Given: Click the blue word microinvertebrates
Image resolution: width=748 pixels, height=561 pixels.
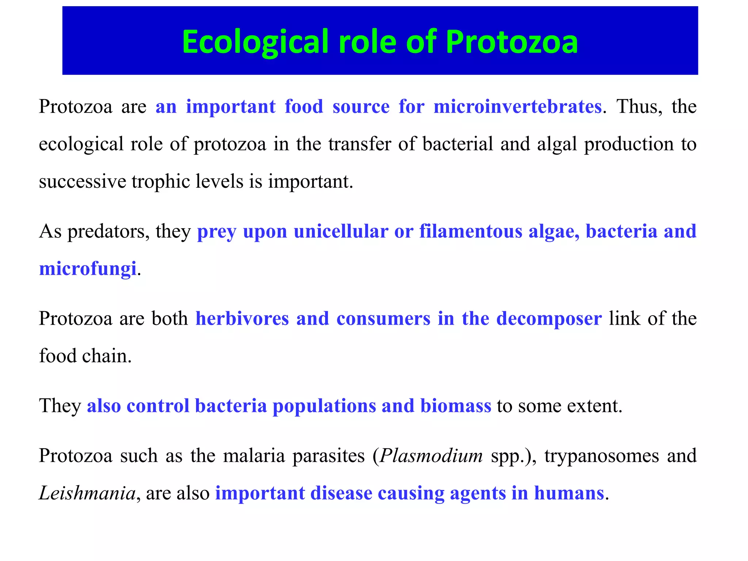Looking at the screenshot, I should click(518, 107).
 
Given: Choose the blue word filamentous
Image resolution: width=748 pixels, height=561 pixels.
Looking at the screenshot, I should click(470, 232).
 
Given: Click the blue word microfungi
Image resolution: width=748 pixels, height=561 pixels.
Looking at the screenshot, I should click(88, 269).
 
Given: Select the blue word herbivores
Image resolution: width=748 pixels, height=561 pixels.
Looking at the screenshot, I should click(242, 319).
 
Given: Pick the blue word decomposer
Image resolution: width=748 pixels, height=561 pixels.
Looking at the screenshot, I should click(549, 319).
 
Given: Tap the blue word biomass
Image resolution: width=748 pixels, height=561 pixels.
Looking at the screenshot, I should click(455, 406).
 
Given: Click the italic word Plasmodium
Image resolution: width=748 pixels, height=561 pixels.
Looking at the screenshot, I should click(431, 456).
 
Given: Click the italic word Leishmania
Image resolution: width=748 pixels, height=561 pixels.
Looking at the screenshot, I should click(87, 493).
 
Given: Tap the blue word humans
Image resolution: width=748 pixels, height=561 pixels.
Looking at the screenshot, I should click(569, 493).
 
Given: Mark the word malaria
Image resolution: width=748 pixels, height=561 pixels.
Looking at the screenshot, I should click(254, 456).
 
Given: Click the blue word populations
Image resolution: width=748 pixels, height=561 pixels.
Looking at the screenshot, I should click(324, 406).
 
